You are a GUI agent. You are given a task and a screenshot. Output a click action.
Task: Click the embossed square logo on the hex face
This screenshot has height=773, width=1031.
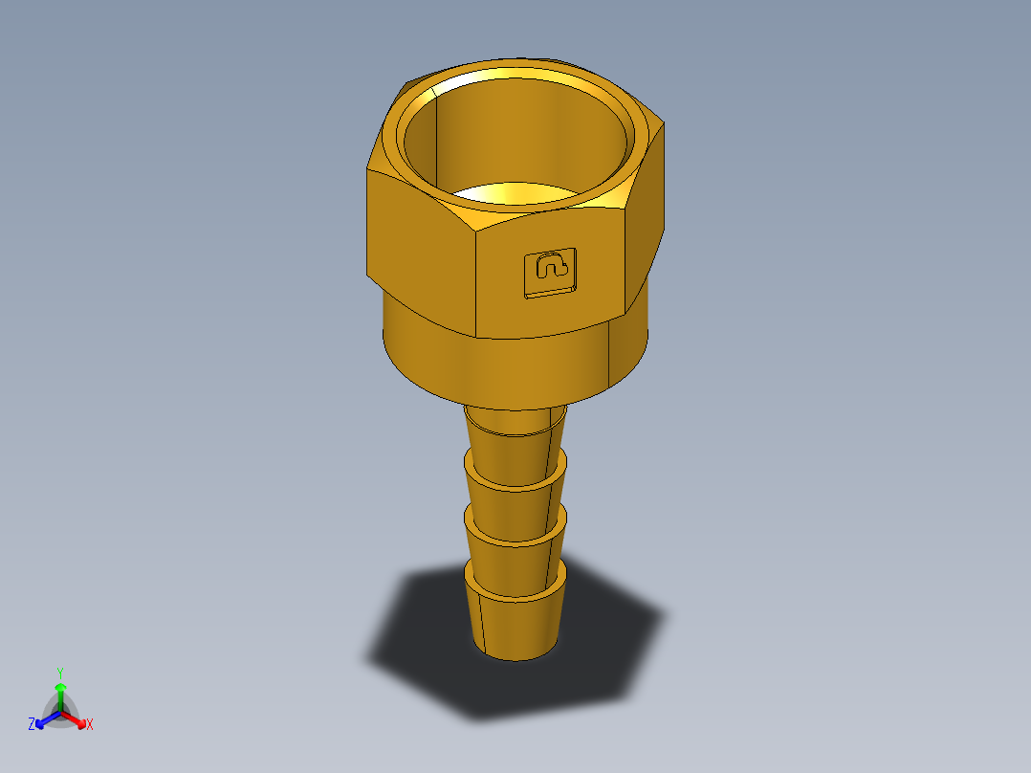click(x=551, y=271)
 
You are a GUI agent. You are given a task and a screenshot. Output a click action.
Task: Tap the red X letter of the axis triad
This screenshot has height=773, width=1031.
click(x=90, y=725)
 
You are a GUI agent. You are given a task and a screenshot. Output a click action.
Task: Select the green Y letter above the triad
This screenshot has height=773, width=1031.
click(x=60, y=672)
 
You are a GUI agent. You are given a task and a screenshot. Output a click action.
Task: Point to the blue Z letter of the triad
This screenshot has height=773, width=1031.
click(x=32, y=724)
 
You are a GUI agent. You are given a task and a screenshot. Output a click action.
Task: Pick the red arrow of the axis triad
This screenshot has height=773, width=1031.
click(x=78, y=719)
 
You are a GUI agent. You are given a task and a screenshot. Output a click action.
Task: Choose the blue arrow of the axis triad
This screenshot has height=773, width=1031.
click(x=42, y=721)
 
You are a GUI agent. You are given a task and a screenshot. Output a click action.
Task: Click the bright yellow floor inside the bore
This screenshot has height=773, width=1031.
click(x=516, y=194)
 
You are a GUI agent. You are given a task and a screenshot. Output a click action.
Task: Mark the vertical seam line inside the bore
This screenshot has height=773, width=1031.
click(x=436, y=134)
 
